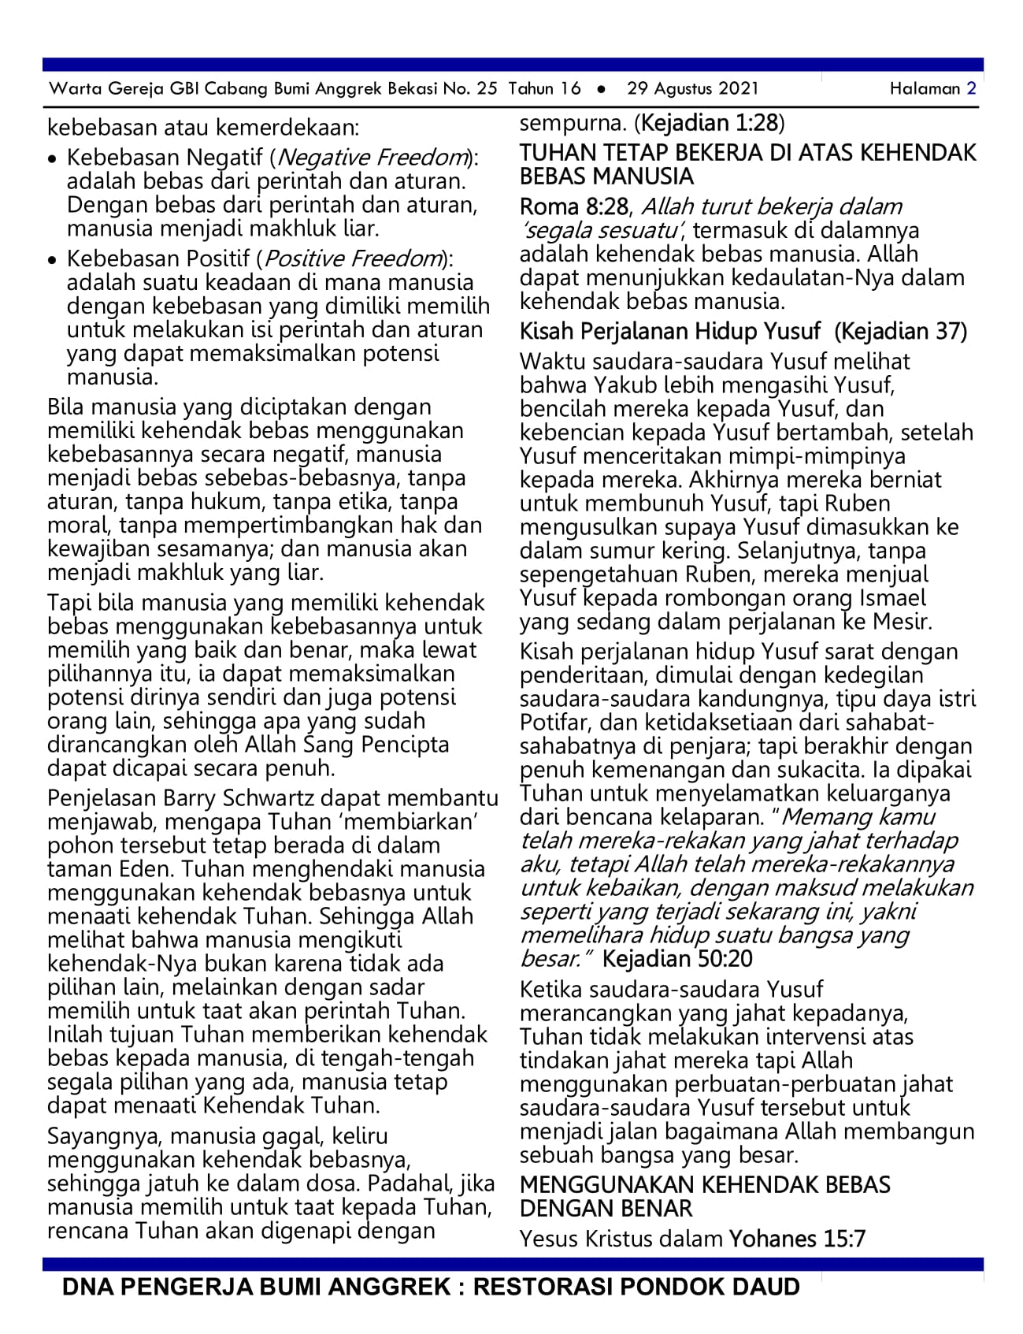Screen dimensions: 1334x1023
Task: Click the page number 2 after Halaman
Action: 971,88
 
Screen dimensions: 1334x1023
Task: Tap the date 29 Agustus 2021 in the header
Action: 692,88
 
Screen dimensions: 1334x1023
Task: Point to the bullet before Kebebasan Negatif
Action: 52,159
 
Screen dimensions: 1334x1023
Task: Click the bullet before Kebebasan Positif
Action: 52,260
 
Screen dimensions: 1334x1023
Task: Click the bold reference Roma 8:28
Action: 573,206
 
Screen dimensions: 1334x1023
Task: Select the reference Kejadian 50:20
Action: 677,959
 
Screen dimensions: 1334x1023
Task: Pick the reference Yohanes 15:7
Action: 797,1239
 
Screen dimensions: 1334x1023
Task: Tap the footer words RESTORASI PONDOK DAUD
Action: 636,1288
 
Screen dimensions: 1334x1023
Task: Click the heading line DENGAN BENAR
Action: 606,1209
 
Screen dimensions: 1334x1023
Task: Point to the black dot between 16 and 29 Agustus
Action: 602,89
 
